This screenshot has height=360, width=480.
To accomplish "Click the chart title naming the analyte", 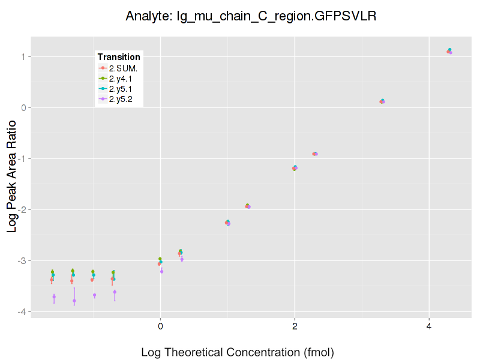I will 251,16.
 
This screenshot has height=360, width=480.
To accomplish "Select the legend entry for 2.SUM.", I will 123,68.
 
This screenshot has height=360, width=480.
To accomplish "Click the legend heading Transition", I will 119,57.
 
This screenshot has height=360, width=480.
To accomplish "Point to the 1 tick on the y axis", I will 23,56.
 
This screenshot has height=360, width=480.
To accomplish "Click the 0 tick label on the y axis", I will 23,107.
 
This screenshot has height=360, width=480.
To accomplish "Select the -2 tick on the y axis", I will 21,209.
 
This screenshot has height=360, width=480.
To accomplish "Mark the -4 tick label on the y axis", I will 21,311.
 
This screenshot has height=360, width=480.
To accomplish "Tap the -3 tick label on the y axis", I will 21,260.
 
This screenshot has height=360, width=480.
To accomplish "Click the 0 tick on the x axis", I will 160,326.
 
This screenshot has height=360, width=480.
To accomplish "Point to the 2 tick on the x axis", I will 295,326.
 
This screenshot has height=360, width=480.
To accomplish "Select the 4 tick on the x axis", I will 429,326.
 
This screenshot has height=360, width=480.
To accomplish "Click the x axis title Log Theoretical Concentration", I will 238,352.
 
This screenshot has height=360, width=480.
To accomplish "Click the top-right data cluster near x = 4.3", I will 449,52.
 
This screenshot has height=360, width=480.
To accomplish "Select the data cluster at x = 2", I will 295,168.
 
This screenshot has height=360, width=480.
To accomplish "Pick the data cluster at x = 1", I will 227,223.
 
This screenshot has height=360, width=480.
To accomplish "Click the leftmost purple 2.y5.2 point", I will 54,296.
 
